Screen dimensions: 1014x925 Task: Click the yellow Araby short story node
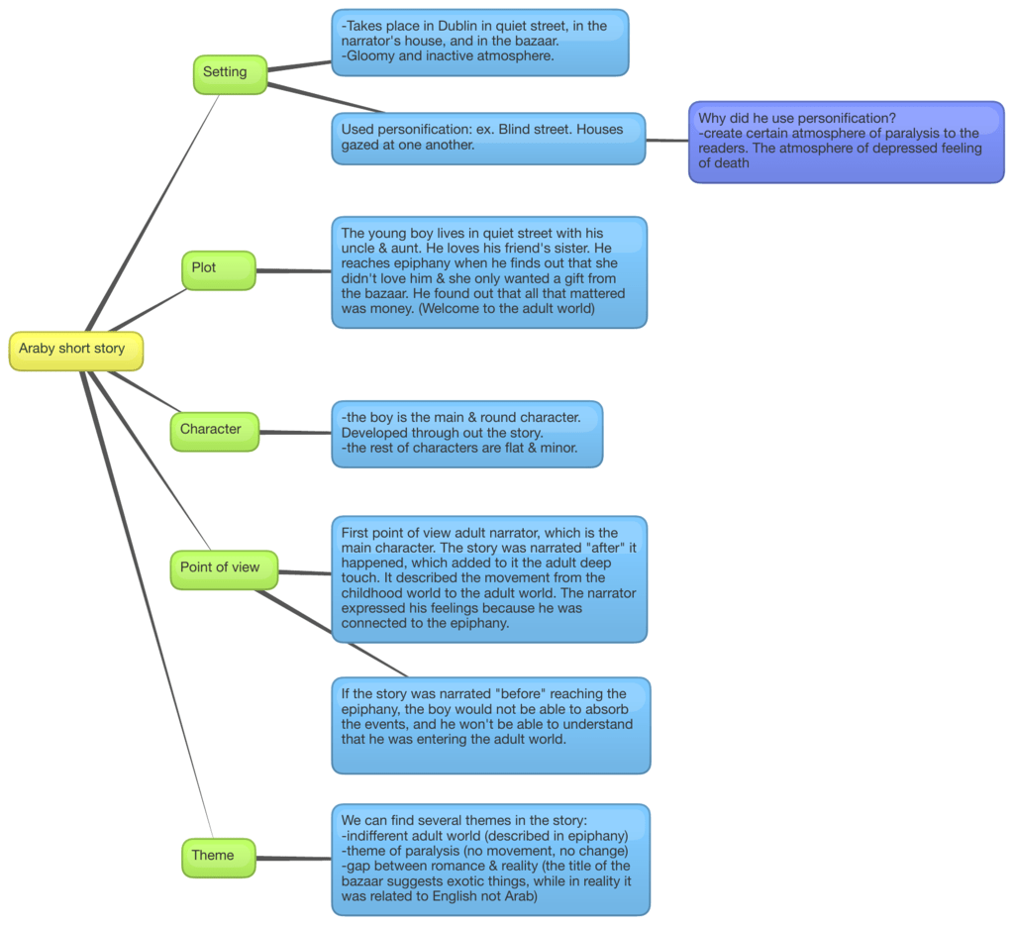click(76, 352)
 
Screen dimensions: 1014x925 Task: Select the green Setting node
click(230, 74)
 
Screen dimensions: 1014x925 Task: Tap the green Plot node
click(219, 270)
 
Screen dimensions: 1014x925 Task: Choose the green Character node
click(215, 432)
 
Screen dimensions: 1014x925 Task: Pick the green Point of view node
click(225, 569)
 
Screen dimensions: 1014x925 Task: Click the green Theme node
click(219, 858)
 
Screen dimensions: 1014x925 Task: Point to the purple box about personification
click(847, 143)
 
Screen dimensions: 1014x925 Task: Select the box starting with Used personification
click(489, 139)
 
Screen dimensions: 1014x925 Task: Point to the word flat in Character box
click(512, 448)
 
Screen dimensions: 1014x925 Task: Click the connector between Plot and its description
click(293, 271)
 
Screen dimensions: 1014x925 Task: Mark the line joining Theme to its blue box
click(293, 859)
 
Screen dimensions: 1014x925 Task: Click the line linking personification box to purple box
click(667, 140)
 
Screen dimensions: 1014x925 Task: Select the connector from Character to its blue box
click(295, 432)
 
